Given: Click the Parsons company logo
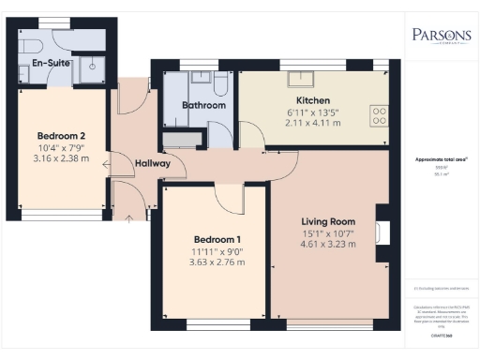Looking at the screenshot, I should click(442, 37).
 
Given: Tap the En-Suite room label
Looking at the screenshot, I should click(37, 64).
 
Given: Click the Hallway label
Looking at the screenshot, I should click(153, 163).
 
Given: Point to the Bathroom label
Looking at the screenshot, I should click(203, 106).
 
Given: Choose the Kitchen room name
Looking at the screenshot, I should click(312, 100).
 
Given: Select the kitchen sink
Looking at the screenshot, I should click(305, 78).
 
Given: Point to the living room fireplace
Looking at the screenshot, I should click(381, 232).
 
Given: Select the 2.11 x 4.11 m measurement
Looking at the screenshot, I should click(312, 122).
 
